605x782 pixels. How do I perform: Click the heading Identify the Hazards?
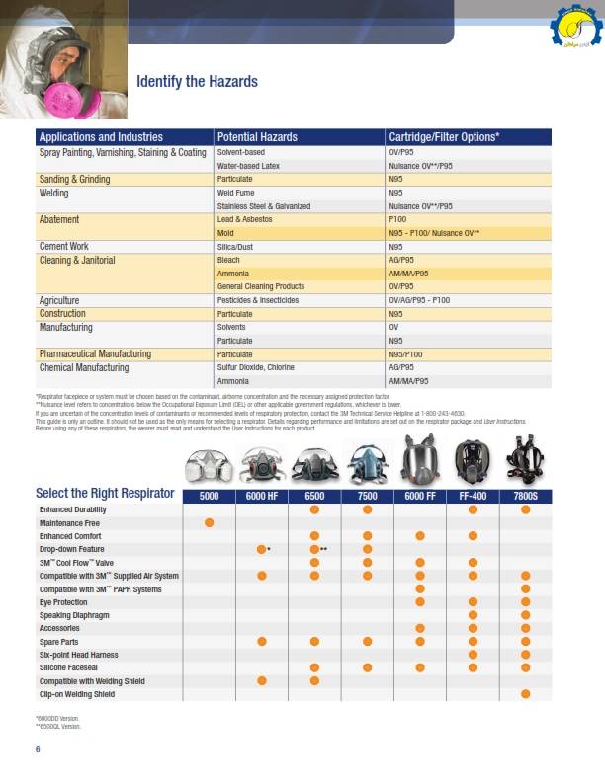pos(197,82)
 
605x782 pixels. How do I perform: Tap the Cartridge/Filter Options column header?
pos(444,137)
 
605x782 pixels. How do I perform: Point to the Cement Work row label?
pos(64,247)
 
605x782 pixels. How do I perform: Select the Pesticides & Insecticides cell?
pos(257,300)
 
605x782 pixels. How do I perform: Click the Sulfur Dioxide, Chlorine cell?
pos(255,367)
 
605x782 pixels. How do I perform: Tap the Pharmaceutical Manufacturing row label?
pos(95,353)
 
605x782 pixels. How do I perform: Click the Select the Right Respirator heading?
pos(105,493)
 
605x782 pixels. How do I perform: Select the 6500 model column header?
pos(314,494)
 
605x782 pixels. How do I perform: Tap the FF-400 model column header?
pos(473,494)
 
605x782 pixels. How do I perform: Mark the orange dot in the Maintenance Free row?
pos(209,521)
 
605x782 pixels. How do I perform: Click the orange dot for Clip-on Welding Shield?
pos(525,694)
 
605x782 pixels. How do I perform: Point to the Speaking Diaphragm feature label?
pos(73,614)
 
